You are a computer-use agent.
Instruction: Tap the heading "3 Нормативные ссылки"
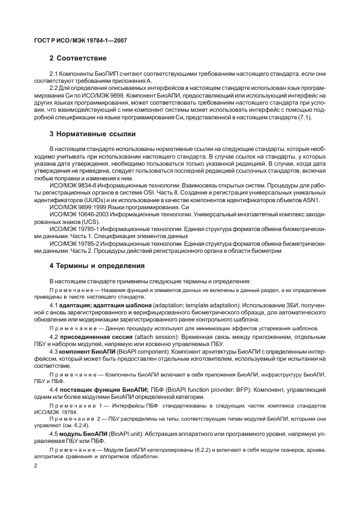pos(93,133)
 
